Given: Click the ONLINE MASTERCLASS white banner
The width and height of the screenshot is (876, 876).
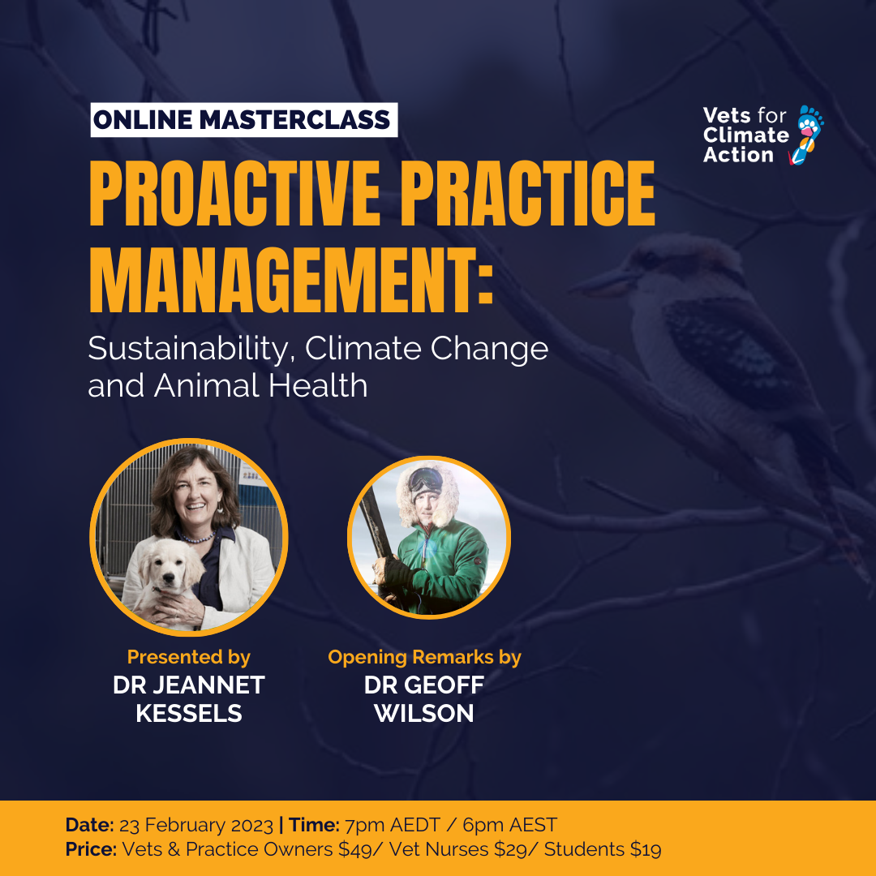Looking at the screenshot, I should click(243, 120).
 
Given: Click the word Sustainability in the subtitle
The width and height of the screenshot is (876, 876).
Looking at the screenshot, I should click(190, 349).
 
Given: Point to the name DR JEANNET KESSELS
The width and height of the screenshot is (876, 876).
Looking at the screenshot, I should click(188, 698).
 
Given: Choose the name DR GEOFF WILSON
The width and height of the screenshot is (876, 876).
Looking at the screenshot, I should click(424, 698).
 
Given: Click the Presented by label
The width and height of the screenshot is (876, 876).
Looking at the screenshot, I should click(188, 657).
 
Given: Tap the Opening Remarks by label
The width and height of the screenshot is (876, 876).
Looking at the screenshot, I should click(424, 657).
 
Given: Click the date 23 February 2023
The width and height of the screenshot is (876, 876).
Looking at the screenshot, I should click(196, 826).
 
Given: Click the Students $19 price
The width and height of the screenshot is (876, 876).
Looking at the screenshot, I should click(603, 850).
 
